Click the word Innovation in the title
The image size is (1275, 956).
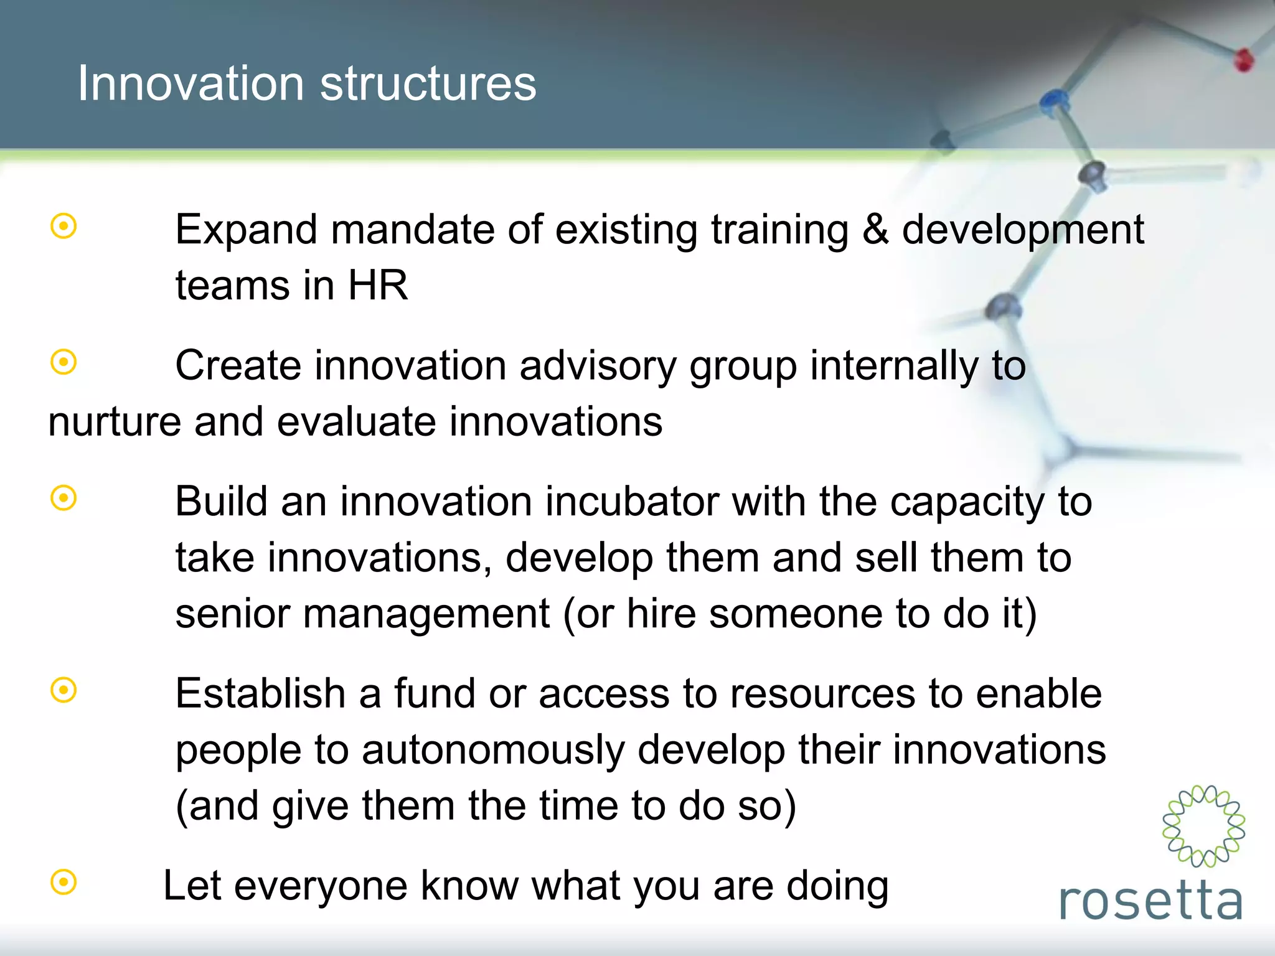tap(190, 83)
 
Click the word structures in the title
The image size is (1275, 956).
tap(428, 83)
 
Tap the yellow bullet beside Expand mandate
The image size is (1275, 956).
tap(64, 227)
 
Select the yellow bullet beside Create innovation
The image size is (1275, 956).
tap(64, 362)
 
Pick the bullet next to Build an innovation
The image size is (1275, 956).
tap(64, 498)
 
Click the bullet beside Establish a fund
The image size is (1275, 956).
tap(64, 690)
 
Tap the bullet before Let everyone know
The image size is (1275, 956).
tap(64, 882)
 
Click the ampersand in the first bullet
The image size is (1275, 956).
tap(875, 229)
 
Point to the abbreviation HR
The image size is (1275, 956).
tap(377, 285)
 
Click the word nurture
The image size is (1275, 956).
tap(115, 422)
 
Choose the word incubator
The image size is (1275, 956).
tap(632, 501)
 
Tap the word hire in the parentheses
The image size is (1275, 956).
tap(661, 614)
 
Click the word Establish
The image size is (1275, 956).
tap(260, 693)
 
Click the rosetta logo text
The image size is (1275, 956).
tap(1150, 901)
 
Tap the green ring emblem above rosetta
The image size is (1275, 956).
tap(1203, 826)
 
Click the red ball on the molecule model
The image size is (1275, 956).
tap(1244, 60)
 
